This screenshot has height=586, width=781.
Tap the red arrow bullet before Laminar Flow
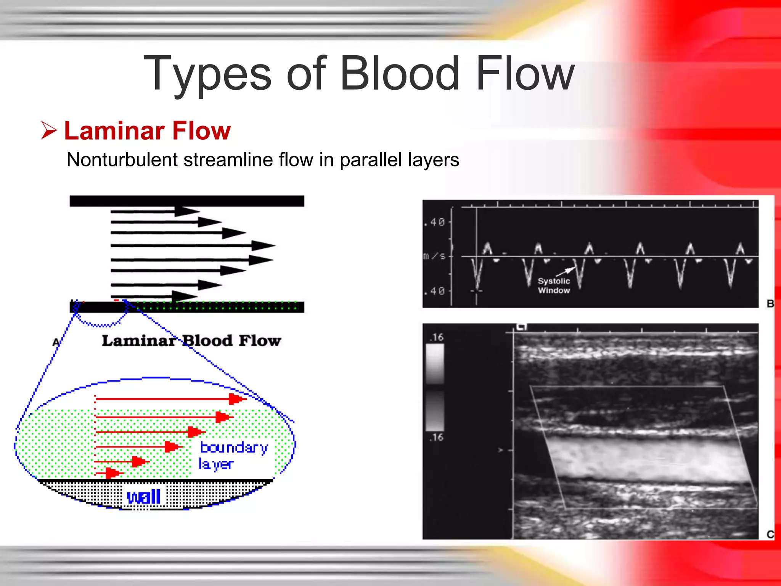49,130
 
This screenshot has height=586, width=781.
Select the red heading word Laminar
115,131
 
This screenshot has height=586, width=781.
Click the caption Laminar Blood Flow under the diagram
191,340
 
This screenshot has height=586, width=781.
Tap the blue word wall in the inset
143,497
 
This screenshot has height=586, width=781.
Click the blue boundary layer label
233,455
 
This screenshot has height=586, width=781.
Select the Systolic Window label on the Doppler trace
554,285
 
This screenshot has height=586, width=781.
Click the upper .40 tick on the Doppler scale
434,222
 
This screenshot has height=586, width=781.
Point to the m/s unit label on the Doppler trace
434,256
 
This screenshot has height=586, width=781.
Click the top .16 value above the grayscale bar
436,337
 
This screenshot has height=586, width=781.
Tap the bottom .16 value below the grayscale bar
436,437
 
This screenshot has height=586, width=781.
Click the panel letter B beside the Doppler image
770,304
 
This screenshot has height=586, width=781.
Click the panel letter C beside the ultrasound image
770,534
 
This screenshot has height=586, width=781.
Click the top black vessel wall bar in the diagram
186,201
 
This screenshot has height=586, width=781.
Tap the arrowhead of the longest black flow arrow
263,246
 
